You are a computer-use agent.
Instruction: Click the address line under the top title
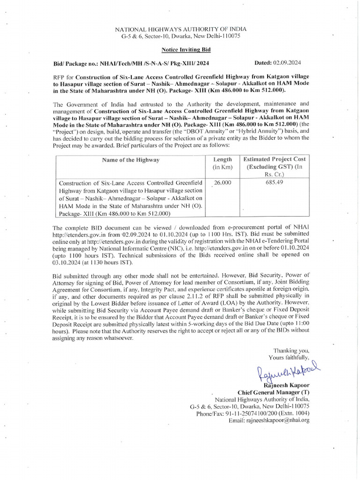[180, 36]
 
